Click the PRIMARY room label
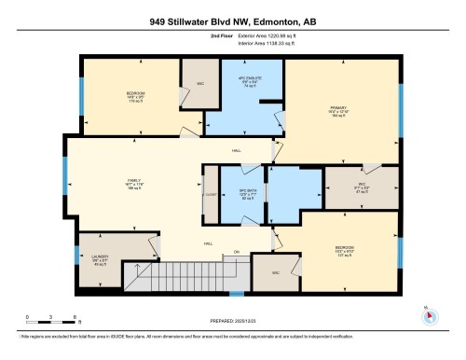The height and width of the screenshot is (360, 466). tap(336, 107)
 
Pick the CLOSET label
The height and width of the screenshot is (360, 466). tap(210, 194)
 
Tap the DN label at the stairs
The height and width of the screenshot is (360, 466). tap(238, 252)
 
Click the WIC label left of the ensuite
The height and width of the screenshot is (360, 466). tap(199, 85)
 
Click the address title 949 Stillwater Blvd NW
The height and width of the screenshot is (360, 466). tap(232, 20)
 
